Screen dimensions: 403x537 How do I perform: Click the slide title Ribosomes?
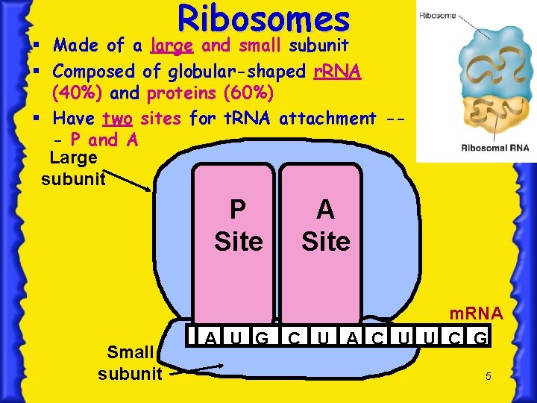click(263, 19)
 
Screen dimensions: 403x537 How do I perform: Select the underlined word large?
click(172, 46)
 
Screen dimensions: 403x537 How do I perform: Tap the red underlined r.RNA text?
click(336, 72)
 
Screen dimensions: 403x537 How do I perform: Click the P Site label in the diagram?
click(238, 225)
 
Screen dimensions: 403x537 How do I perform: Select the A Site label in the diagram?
click(325, 225)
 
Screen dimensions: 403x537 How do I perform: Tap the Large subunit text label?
click(72, 168)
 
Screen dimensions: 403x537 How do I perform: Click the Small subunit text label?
click(130, 362)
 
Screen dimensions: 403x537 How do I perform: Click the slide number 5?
click(488, 377)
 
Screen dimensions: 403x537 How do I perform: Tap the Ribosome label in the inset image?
click(439, 15)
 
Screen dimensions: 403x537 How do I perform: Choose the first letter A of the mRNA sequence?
click(211, 339)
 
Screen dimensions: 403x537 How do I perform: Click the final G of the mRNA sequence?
click(481, 339)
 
